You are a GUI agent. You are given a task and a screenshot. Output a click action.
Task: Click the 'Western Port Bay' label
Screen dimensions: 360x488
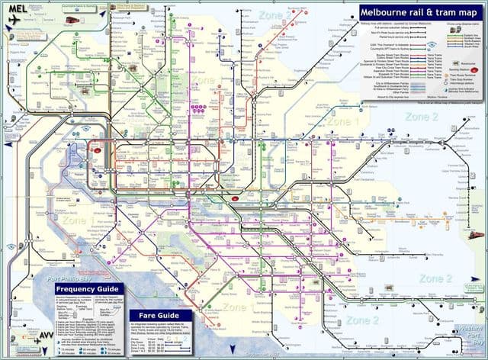tap(467, 329)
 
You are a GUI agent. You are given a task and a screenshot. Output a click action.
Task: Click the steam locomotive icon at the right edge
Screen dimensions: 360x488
tap(479, 236)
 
